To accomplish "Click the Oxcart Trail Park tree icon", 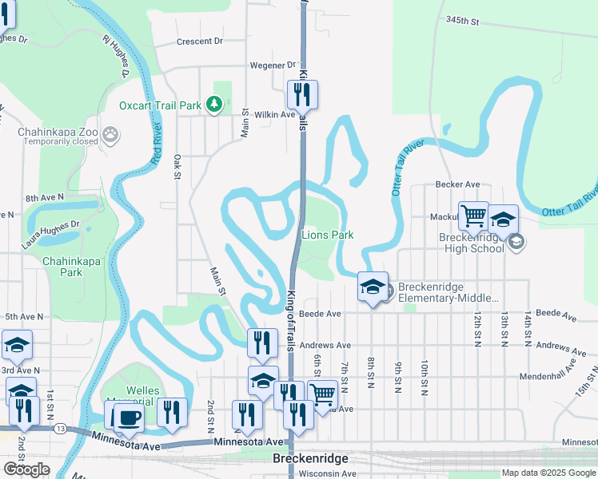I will point(213,104).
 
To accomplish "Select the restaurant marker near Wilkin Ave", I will point(303,95).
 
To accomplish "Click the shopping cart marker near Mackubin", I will point(473,215).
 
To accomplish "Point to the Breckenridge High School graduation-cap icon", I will point(516,241).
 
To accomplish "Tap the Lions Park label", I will point(328,235).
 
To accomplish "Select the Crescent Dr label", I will point(199,41).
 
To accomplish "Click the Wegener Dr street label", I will point(273,65).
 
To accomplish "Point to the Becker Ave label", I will point(457,184).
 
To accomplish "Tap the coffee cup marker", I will point(128,417).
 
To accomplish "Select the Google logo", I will point(26,469).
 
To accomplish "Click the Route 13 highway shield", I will point(61,429).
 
